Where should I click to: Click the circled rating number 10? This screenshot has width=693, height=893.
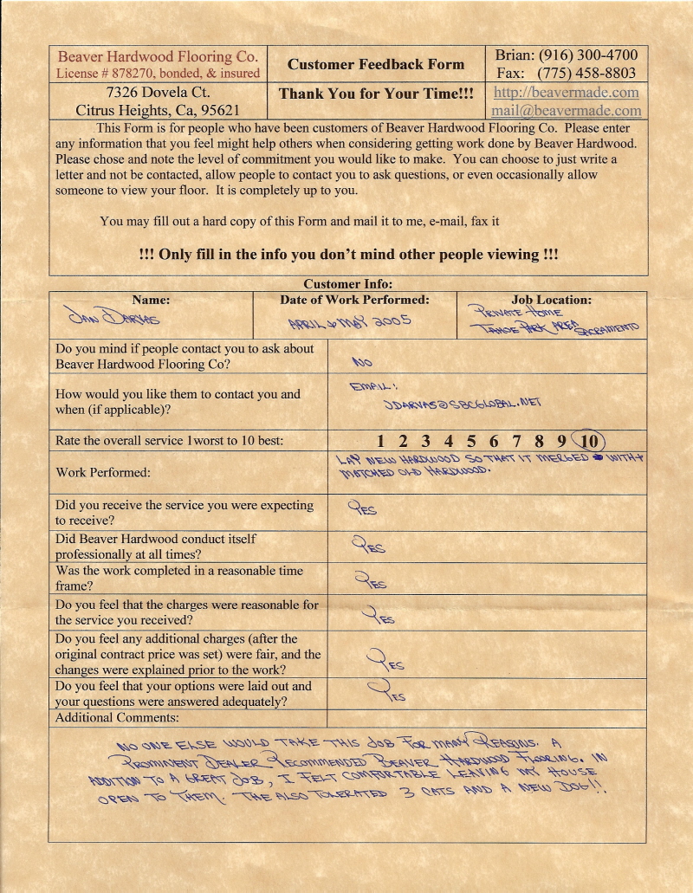(590, 441)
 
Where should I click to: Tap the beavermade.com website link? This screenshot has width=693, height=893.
(567, 92)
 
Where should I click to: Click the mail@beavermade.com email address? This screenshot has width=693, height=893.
(567, 111)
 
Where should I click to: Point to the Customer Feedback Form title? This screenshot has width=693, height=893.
(376, 64)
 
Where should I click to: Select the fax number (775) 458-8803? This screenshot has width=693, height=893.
(586, 74)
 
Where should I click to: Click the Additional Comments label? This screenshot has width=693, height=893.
(117, 718)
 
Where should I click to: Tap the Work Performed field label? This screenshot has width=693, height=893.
(102, 473)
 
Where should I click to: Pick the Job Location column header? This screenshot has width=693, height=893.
(551, 300)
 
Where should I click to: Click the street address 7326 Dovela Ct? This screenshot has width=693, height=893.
(158, 92)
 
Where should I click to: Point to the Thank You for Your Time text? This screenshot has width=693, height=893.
(376, 94)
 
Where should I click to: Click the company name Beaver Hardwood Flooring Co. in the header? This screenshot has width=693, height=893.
(158, 57)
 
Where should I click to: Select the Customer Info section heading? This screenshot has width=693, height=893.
(347, 284)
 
